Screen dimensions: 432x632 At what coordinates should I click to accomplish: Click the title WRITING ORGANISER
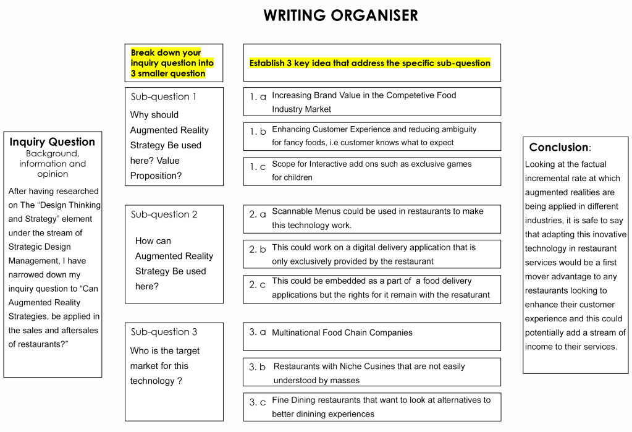click(x=340, y=15)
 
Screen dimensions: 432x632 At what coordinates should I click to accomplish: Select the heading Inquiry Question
click(x=53, y=142)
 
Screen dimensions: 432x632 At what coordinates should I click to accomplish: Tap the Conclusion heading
click(x=560, y=147)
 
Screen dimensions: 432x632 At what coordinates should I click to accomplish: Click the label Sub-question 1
click(x=164, y=97)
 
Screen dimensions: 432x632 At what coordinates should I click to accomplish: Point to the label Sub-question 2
click(x=164, y=214)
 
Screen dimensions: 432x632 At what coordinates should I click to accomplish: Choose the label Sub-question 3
click(x=164, y=332)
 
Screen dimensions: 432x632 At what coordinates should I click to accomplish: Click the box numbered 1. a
click(x=372, y=102)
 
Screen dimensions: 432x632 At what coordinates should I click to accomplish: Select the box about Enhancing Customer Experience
click(x=372, y=136)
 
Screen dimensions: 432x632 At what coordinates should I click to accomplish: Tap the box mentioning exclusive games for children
click(x=372, y=171)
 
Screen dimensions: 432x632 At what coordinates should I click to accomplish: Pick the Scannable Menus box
click(x=372, y=218)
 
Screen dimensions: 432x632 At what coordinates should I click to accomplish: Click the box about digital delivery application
click(x=372, y=254)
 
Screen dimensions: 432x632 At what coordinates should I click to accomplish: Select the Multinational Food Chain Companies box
click(x=372, y=336)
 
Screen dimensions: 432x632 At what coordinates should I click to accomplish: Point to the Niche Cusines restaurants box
click(x=372, y=373)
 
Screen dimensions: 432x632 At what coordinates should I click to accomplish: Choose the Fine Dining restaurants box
click(x=372, y=407)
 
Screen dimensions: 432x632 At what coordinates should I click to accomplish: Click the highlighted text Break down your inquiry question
click(x=172, y=63)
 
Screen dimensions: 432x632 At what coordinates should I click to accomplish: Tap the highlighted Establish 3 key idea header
click(x=369, y=63)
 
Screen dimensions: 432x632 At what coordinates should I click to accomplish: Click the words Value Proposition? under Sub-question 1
click(x=155, y=168)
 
